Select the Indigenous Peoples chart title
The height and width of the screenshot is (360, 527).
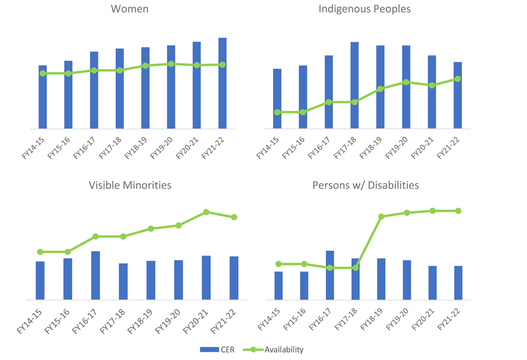tap(365, 9)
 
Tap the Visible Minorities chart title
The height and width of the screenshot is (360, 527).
tap(130, 185)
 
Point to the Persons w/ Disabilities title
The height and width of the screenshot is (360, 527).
tap(365, 185)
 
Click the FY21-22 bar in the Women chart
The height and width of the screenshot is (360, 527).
tap(222, 83)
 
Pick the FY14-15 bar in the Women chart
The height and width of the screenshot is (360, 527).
tap(43, 97)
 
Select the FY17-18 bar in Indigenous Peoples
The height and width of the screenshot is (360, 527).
tap(354, 86)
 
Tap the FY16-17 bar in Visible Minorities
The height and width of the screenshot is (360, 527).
tap(95, 276)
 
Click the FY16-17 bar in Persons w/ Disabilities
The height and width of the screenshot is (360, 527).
tap(330, 275)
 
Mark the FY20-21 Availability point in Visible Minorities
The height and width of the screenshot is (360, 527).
tap(206, 212)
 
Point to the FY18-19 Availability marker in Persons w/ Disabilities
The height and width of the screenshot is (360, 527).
tap(381, 216)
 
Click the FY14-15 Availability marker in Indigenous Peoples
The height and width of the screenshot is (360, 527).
tap(277, 112)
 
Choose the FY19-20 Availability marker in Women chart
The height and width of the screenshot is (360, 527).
tap(171, 64)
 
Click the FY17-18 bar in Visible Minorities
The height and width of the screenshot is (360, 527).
tap(123, 282)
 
